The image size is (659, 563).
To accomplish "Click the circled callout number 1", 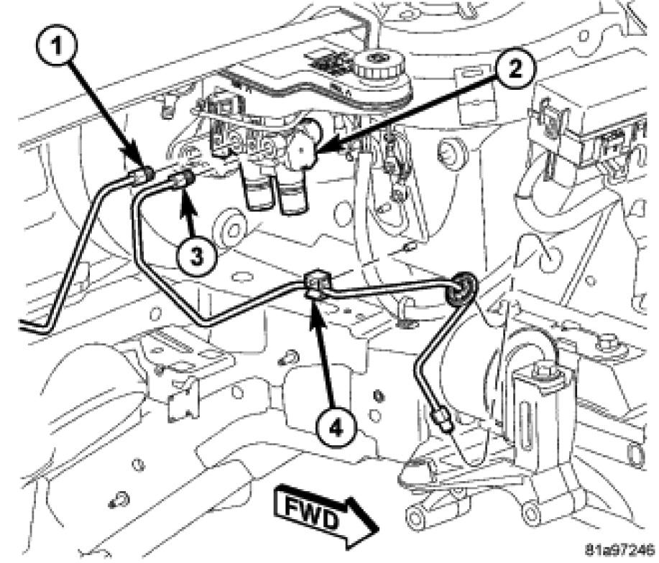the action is click(57, 45).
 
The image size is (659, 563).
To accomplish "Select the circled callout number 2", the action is click(515, 68).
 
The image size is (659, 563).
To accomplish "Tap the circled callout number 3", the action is click(197, 255).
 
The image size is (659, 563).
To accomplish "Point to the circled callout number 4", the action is click(336, 427).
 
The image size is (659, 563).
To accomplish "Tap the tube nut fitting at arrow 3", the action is click(182, 180).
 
